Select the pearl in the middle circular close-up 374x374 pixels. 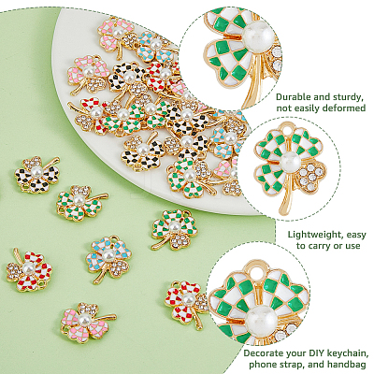[291, 162]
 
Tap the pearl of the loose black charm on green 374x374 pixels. [36, 171]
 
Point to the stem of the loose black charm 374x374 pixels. [50, 164]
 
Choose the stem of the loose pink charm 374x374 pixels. [104, 318]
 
